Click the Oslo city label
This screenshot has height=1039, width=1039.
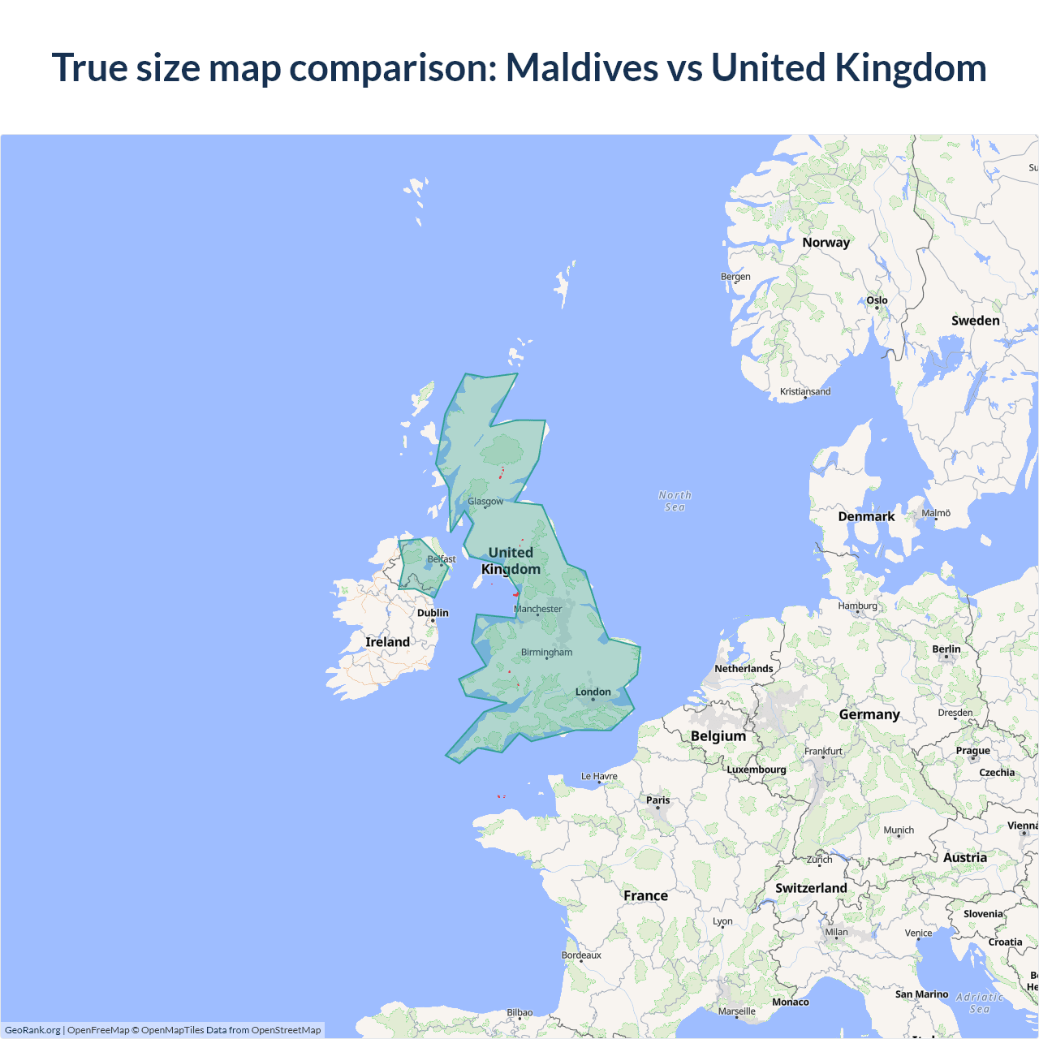click(x=877, y=300)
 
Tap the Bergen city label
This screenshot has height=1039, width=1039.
click(x=735, y=277)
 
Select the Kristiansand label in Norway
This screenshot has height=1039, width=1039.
click(x=805, y=391)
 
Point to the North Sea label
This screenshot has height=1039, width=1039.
click(x=675, y=501)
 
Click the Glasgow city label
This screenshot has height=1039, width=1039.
click(x=485, y=502)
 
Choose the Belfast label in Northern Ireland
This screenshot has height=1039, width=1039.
click(x=442, y=559)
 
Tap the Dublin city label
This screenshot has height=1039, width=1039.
click(x=433, y=613)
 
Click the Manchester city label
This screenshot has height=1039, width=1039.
click(x=538, y=609)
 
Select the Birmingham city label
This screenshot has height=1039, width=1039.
click(x=546, y=652)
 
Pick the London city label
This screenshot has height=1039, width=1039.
click(x=593, y=692)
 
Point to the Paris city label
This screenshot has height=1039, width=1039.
click(x=657, y=800)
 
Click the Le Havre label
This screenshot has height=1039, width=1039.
click(x=599, y=776)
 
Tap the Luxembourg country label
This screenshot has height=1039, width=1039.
click(x=756, y=770)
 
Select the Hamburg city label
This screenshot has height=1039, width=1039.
click(x=858, y=606)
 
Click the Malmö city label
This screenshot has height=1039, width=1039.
click(x=936, y=513)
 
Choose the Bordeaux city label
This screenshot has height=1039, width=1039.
click(x=581, y=955)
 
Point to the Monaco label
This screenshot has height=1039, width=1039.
click(x=790, y=1002)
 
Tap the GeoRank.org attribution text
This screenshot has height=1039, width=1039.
click(x=32, y=1030)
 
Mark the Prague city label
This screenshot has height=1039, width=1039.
click(x=972, y=751)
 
